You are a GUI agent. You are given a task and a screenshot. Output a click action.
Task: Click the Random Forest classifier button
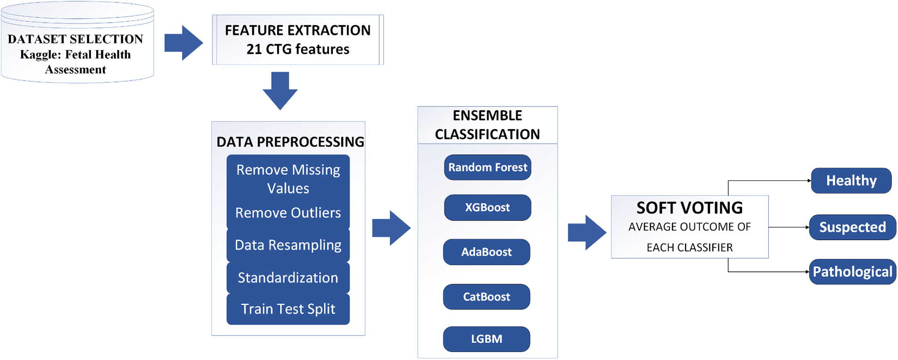coord(487,167)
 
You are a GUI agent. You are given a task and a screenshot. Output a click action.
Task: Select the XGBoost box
coord(487,207)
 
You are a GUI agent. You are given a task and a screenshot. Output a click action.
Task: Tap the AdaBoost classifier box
coord(486,252)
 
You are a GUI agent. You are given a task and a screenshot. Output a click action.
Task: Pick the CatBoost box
coord(486,297)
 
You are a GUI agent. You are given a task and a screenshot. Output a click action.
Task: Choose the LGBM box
coord(486,339)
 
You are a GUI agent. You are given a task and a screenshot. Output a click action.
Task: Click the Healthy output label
coord(851,180)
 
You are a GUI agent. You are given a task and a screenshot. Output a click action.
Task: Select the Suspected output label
coord(852,227)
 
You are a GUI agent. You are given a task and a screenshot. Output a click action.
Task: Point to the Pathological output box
coord(852,272)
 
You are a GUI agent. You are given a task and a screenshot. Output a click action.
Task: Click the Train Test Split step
coord(288,309)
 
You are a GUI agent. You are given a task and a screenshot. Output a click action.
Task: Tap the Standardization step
coord(288,278)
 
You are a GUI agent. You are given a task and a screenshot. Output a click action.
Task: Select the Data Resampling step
coord(288,245)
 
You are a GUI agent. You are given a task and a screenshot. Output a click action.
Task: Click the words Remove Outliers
coord(288,213)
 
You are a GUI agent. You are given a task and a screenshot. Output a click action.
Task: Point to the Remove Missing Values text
coord(288,179)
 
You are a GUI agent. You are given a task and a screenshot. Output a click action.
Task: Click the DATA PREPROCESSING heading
coord(290,142)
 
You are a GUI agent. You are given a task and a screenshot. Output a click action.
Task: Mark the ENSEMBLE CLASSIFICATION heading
coord(487,125)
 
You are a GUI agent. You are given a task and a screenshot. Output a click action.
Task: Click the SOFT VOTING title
coord(689,208)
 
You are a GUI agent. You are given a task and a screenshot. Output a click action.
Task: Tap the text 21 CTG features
coord(298,49)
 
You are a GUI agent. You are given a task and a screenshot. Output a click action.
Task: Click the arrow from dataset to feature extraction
coord(183,43)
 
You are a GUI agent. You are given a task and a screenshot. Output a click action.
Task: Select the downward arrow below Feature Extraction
coord(280,90)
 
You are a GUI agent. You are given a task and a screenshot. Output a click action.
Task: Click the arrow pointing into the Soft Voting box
coord(586,232)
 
